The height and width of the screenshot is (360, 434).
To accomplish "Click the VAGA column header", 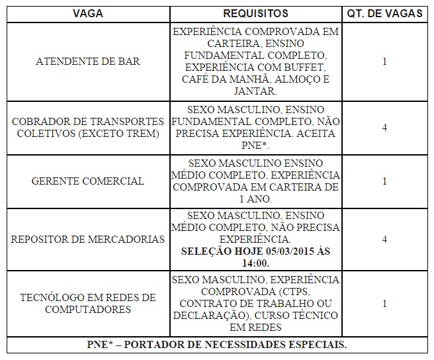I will click(87, 13).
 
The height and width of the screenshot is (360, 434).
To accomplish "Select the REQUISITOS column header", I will click(255, 13).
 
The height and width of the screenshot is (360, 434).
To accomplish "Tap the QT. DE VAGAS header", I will click(385, 13).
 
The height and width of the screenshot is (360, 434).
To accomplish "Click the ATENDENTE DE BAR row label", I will click(88, 62).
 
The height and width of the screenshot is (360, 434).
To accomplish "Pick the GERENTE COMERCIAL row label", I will click(88, 181).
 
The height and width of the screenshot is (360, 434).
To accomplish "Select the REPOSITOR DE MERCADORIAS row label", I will click(88, 239).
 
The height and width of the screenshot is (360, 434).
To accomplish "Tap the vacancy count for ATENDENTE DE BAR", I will click(385, 62).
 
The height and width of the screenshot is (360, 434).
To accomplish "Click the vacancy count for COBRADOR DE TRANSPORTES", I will click(385, 128).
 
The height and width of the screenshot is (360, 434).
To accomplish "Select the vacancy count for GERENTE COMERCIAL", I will click(385, 181).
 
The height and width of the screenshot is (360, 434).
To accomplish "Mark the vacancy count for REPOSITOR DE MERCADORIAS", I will click(385, 239).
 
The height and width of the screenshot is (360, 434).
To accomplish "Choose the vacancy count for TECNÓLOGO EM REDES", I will click(385, 303).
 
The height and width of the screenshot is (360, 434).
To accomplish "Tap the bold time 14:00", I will click(255, 261).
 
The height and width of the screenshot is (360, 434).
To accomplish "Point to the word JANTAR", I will click(255, 92).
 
